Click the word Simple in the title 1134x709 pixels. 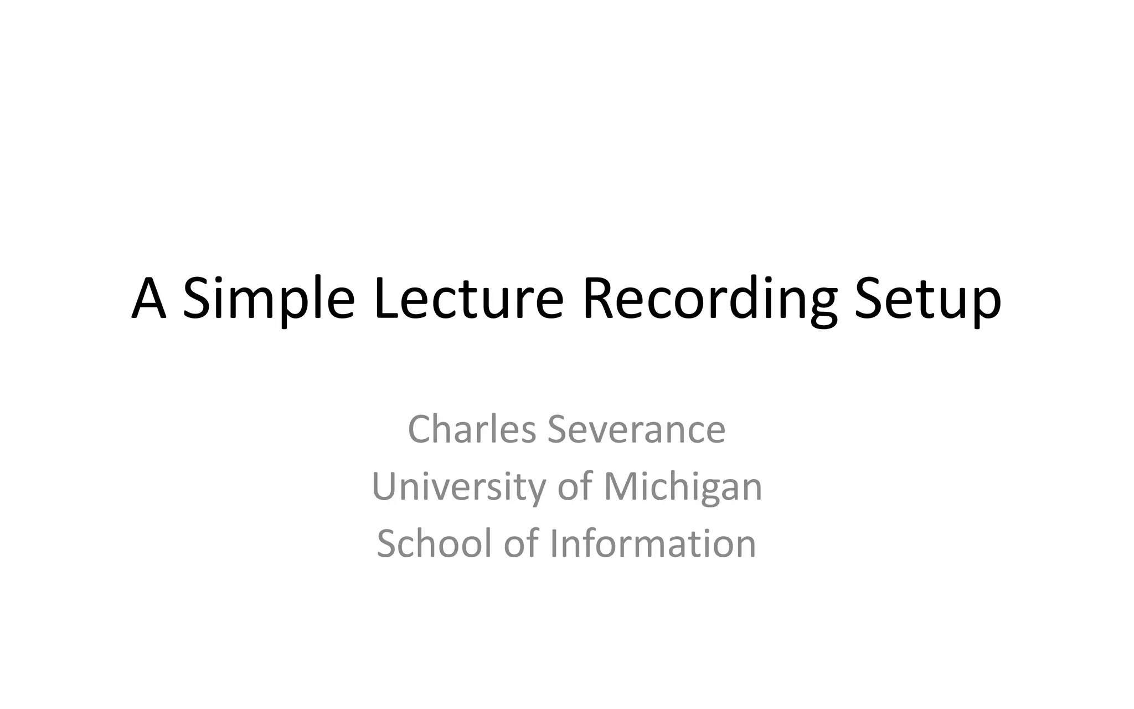[x=269, y=299]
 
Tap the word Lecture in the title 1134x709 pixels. [x=468, y=299]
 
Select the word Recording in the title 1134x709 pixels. [x=709, y=299]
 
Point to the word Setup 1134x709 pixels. [x=928, y=299]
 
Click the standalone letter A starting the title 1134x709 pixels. [x=149, y=299]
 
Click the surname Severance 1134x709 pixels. [x=636, y=429]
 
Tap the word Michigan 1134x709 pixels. [x=683, y=486]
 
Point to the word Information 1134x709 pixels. [x=653, y=543]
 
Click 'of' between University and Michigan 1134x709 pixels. [x=574, y=486]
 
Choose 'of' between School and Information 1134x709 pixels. [x=520, y=543]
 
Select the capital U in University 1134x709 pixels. [x=385, y=486]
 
